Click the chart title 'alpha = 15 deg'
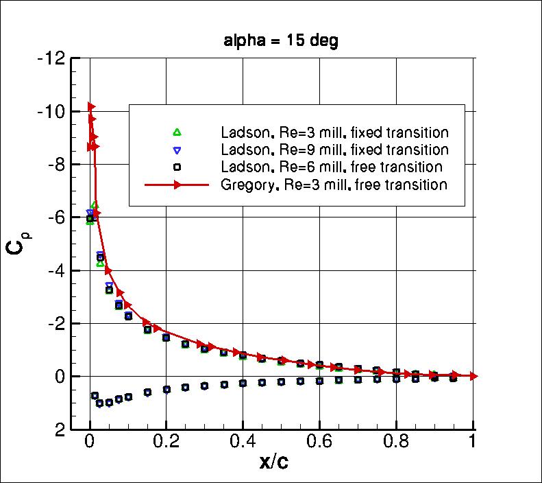281,41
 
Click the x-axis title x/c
273,462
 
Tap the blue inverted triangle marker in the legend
176,150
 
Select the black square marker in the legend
176,167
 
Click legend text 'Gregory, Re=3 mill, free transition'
334,185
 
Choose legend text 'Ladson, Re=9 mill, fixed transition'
334,150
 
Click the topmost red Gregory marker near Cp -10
91,107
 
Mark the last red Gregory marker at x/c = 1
473,376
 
